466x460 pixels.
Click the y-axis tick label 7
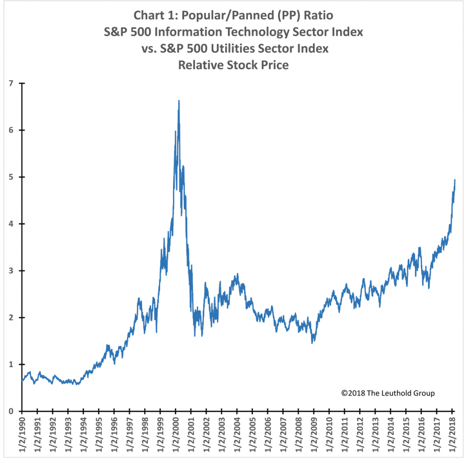pos(11,83)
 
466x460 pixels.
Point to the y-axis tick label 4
pos(11,224)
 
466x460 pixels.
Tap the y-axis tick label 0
pos(11,411)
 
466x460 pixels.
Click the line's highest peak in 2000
pos(178,101)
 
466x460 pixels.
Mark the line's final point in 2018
pos(455,180)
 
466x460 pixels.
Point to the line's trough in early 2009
pos(312,343)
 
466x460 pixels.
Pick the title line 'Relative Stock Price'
pos(233,65)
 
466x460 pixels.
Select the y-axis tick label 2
pos(11,318)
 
